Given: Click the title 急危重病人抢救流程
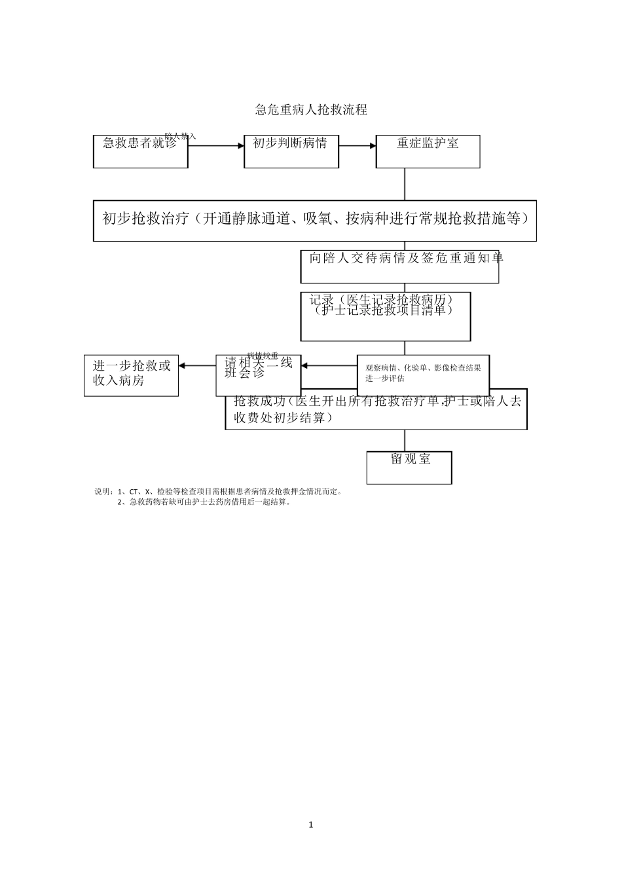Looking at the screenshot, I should [311, 110].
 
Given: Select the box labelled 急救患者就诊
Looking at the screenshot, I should [140, 151].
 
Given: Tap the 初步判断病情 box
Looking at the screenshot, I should [291, 151].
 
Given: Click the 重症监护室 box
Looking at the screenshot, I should [428, 151].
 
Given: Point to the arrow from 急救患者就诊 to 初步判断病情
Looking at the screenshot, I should [216, 146].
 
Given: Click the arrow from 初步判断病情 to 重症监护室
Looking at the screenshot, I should [357, 146].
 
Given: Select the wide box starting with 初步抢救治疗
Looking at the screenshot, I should [315, 221].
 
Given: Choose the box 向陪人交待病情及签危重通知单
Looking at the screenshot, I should [399, 266].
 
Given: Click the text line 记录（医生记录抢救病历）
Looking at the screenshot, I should [382, 299].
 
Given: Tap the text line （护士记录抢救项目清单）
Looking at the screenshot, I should [383, 310].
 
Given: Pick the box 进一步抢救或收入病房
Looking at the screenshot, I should [131, 375].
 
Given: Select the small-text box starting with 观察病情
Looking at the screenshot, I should [423, 373].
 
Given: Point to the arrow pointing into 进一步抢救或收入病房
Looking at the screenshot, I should [196, 366].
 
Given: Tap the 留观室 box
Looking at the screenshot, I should [409, 467].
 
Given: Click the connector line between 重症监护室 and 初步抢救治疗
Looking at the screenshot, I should [405, 184].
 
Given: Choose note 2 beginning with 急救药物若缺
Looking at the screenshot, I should [204, 502].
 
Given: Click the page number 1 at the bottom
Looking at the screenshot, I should [311, 824].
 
